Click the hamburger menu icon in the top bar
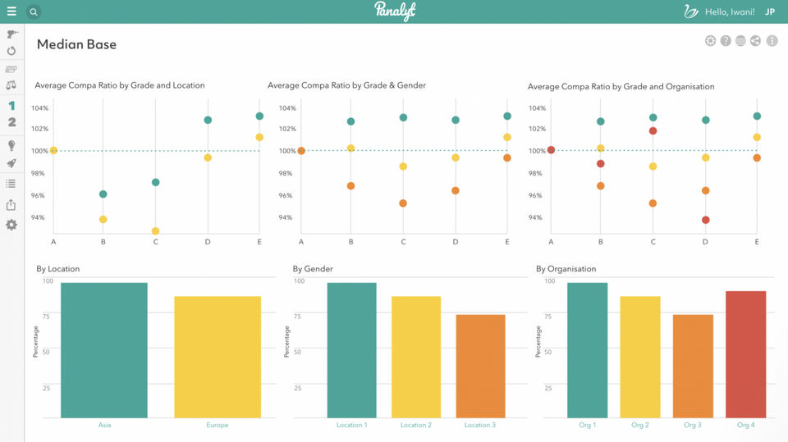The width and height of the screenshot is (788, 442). [x=11, y=11]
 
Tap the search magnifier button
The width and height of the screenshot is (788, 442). [x=33, y=11]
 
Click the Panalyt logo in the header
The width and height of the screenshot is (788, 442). [x=395, y=11]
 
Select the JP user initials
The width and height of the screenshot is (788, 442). [x=769, y=11]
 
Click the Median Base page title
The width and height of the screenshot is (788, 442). [x=76, y=44]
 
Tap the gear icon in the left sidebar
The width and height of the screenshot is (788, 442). [x=11, y=225]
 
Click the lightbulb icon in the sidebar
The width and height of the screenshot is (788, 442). [x=11, y=146]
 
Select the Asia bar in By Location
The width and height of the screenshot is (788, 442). [x=104, y=350]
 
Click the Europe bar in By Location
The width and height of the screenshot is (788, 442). [x=218, y=357]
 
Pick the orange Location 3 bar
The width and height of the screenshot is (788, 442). [x=480, y=367]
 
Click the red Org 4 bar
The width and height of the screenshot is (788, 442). [x=746, y=354]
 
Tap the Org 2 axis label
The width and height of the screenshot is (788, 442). [x=639, y=425]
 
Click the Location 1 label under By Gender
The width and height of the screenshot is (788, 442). [x=352, y=425]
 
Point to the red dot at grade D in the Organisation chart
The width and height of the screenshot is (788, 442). [x=706, y=220]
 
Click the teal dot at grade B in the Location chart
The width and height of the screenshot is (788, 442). [x=103, y=194]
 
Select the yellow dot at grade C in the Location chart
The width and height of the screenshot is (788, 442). [x=155, y=231]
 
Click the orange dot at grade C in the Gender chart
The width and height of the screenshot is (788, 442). [x=402, y=203]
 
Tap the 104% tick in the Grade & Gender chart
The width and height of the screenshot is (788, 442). [x=287, y=108]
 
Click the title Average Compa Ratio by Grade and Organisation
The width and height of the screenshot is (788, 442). [x=621, y=86]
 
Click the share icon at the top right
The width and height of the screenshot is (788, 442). [x=755, y=41]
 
